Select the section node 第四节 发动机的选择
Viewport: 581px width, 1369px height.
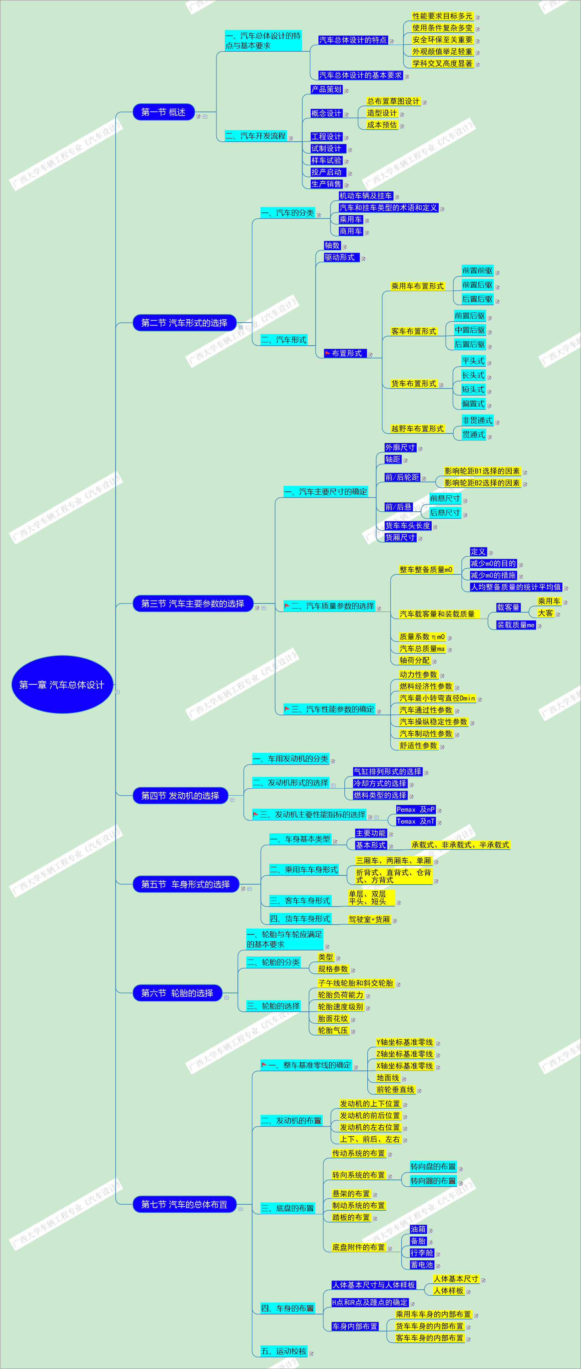tap(180, 796)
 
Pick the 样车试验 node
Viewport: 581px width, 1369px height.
tap(326, 160)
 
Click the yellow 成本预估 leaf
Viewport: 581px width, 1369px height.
tap(382, 125)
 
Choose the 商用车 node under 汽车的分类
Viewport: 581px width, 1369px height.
tap(351, 231)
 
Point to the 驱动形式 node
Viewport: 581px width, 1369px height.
tap(340, 257)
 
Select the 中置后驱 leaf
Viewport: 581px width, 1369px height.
tap(470, 330)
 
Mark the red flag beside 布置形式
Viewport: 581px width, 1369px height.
tap(328, 353)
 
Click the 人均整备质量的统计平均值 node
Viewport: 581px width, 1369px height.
tap(515, 587)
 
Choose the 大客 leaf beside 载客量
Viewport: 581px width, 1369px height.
tap(545, 613)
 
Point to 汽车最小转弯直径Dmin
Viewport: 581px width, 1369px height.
tap(437, 698)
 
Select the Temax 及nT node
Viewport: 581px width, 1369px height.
tap(415, 822)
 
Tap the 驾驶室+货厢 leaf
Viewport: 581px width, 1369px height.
tap(369, 919)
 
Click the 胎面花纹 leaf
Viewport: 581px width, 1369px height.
tap(333, 1019)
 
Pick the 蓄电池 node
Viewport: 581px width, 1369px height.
tap(422, 1265)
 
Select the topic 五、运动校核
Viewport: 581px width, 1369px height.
tap(283, 1351)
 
